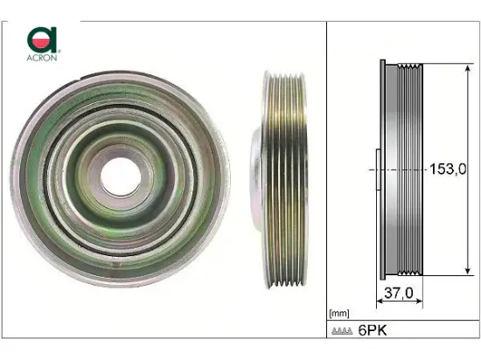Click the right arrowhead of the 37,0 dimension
pos(422,304)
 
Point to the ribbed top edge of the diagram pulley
pos(409,65)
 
